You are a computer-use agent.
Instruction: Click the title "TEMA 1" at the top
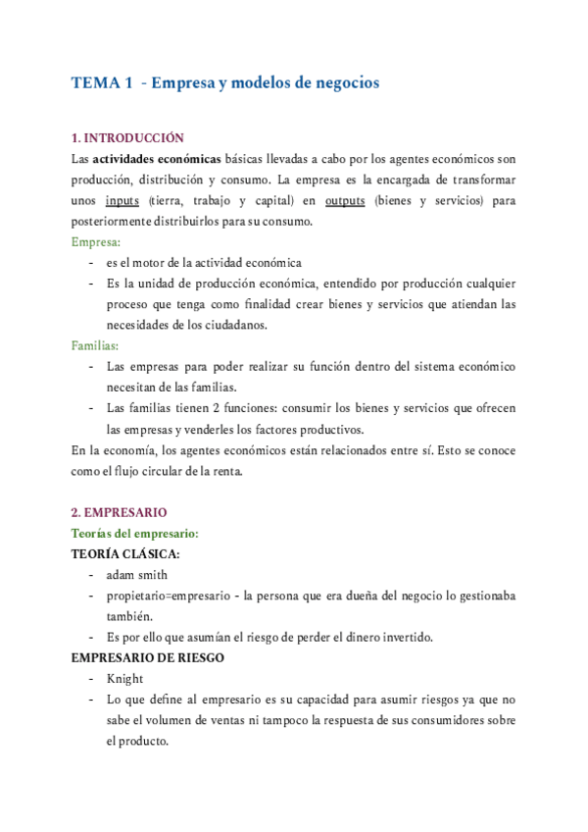tap(102, 84)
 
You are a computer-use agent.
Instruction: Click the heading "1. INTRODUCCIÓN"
tap(127, 138)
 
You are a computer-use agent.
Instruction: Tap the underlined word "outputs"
tap(345, 200)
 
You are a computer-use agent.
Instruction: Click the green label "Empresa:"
tap(96, 241)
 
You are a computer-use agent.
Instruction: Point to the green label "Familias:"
tap(96, 345)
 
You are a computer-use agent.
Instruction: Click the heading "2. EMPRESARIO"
tap(120, 512)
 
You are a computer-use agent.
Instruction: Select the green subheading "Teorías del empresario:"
tap(135, 533)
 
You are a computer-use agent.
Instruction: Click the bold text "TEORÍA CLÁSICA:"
tap(123, 553)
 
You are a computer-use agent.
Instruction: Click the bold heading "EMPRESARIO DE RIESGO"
tap(147, 657)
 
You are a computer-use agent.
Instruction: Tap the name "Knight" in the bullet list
tap(124, 679)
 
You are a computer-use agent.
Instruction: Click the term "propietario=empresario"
tap(168, 596)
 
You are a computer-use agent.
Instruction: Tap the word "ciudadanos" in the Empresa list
tap(238, 325)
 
